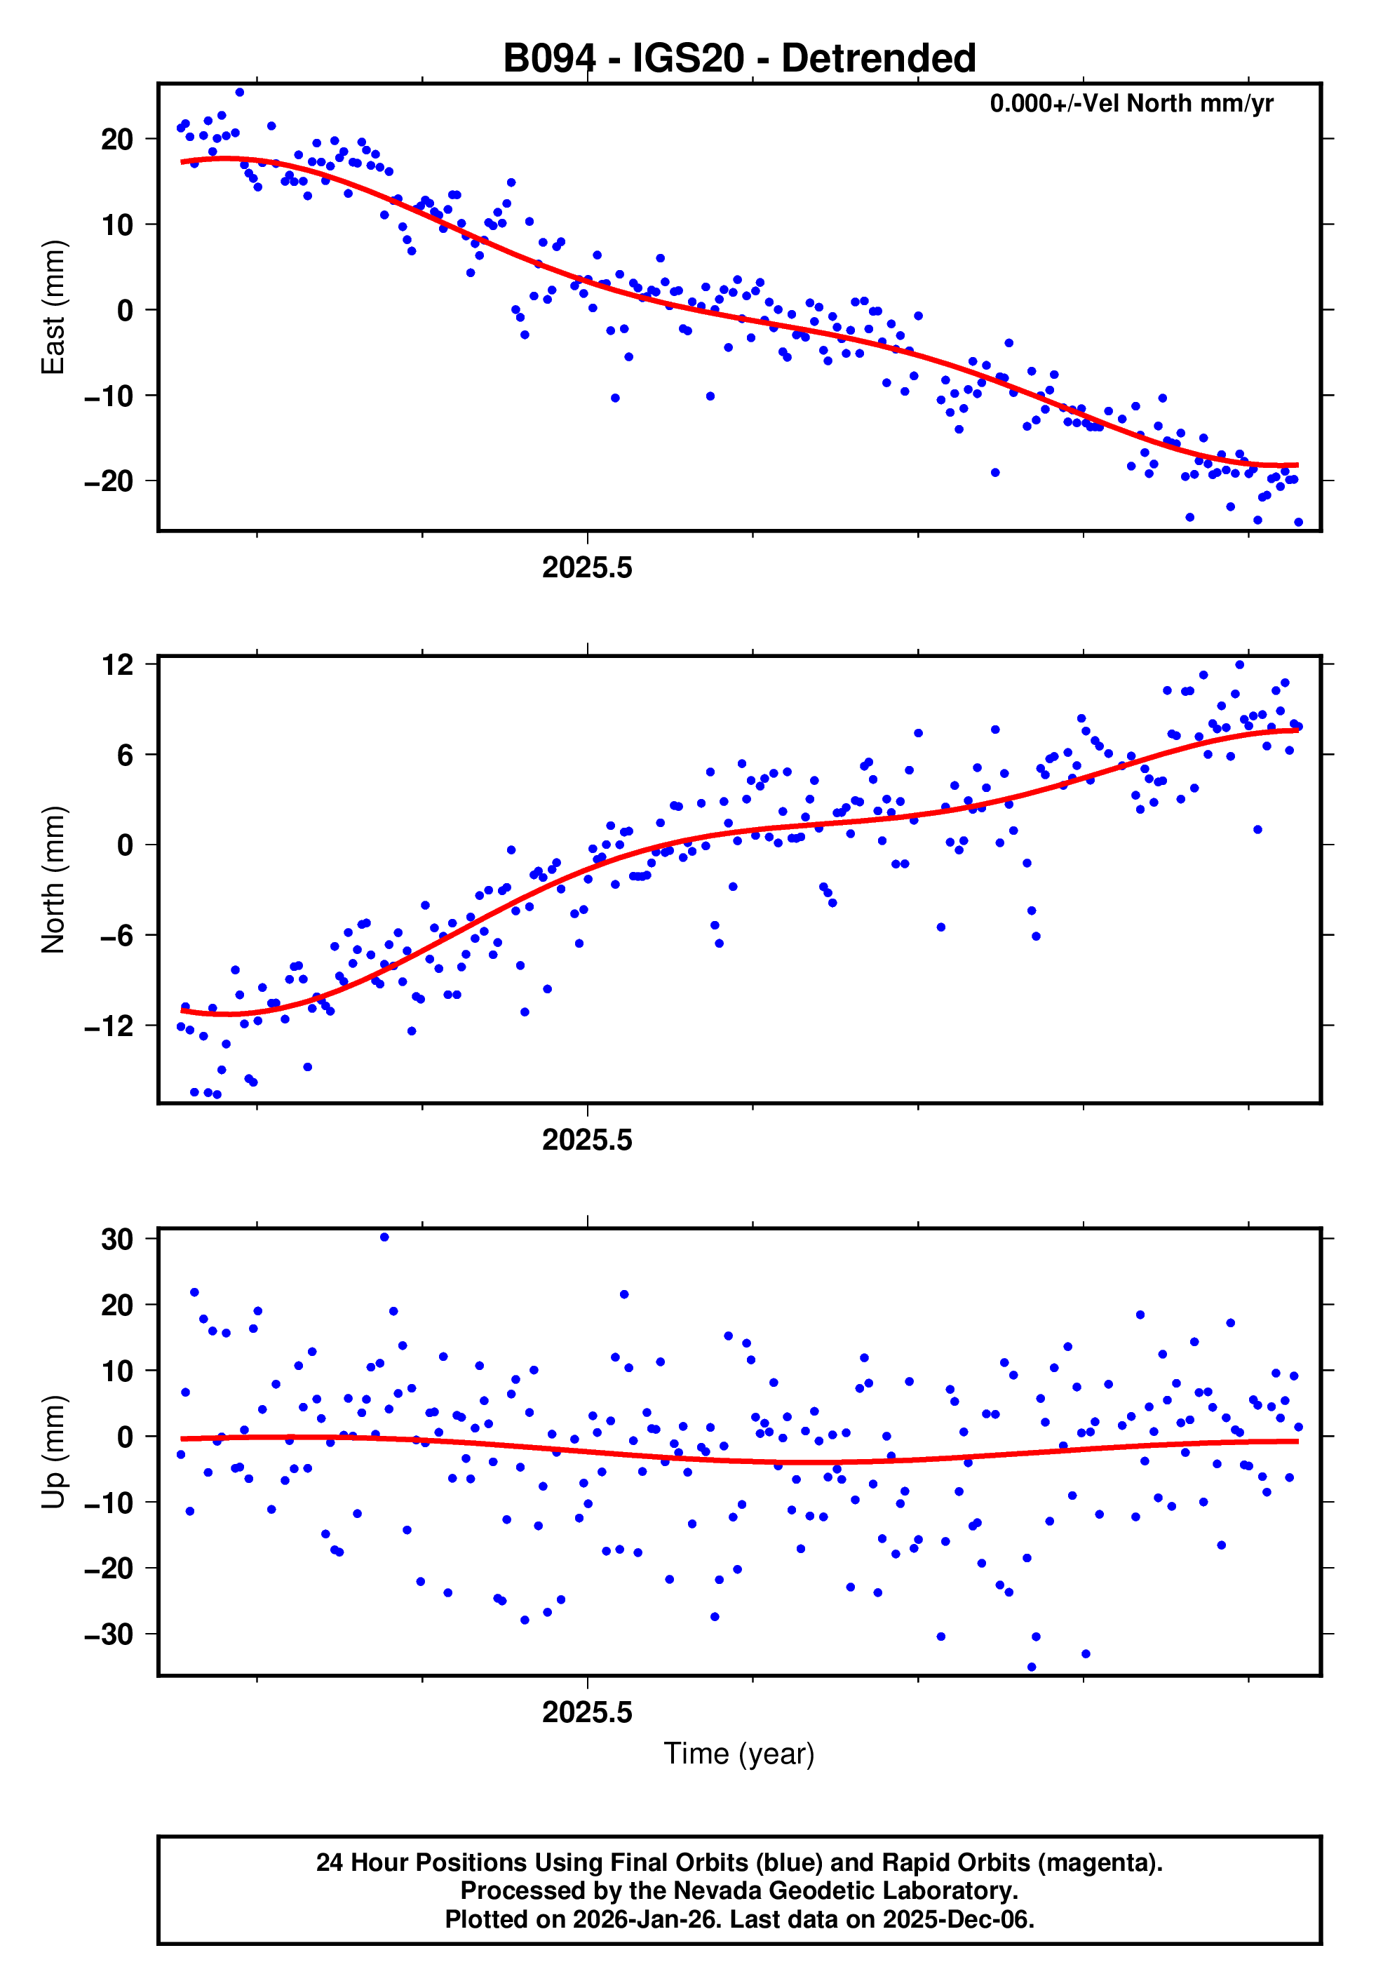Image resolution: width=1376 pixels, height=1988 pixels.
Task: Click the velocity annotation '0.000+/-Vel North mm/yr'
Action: click(1131, 103)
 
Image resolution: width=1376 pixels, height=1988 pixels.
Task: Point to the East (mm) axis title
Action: click(53, 307)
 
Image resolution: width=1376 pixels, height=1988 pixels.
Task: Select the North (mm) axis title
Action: click(53, 880)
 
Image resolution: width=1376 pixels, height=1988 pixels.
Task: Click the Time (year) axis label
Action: click(739, 1754)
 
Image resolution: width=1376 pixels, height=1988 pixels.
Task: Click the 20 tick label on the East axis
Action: click(117, 139)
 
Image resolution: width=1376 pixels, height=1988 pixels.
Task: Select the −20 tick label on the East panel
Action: click(109, 481)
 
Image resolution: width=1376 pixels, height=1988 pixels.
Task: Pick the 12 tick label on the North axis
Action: click(117, 665)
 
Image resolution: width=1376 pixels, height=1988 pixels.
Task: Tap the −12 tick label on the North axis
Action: click(109, 1026)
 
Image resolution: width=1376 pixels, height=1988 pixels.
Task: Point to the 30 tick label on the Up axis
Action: click(117, 1240)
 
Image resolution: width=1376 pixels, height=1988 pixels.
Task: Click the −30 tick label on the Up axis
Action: click(109, 1634)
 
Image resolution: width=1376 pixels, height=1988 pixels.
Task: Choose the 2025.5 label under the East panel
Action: click(587, 567)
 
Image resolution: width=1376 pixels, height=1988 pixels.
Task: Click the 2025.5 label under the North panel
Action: click(587, 1140)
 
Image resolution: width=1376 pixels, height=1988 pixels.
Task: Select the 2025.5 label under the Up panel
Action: click(587, 1712)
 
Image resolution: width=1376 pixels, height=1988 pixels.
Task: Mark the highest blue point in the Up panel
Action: click(384, 1237)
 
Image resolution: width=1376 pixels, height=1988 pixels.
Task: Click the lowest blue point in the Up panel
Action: click(1032, 1667)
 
